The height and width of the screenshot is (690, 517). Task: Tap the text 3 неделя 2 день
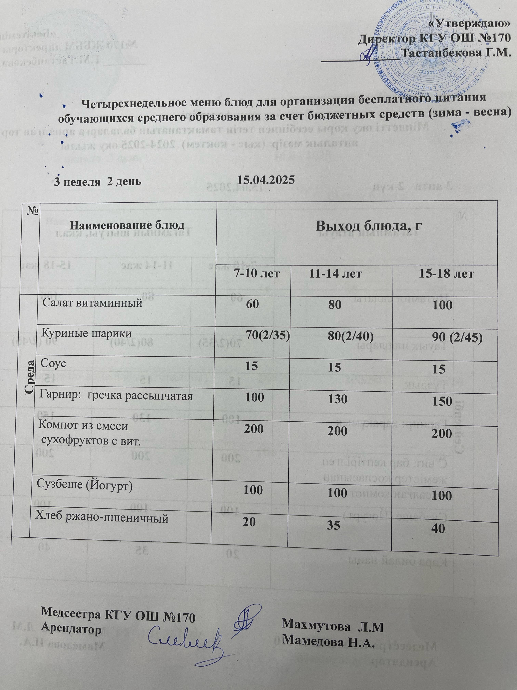click(x=98, y=181)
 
